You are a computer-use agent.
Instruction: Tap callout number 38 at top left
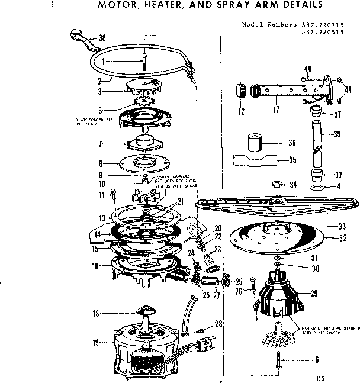pyautogui.click(x=102, y=37)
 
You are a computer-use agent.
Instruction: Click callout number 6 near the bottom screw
pyautogui.click(x=300, y=359)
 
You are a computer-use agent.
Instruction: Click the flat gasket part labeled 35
pyautogui.click(x=255, y=160)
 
